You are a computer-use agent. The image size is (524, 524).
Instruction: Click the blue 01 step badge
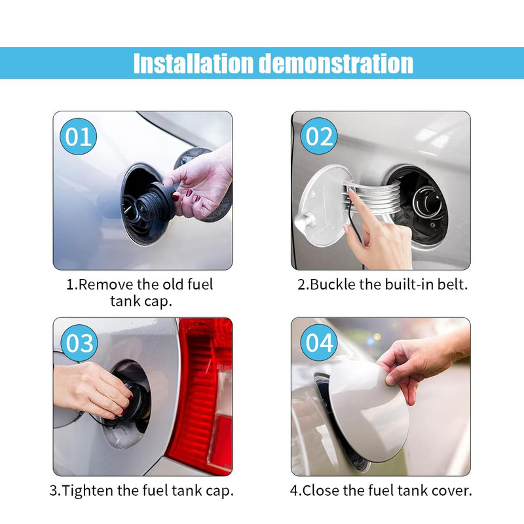pyautogui.click(x=78, y=136)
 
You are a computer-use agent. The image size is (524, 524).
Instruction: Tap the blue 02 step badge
pyautogui.click(x=319, y=136)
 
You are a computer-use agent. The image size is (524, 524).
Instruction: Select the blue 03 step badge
pyautogui.click(x=79, y=343)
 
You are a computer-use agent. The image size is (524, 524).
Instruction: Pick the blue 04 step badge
pyautogui.click(x=319, y=343)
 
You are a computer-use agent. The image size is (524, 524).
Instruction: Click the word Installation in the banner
pyautogui.click(x=193, y=63)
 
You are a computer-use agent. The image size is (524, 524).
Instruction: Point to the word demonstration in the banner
pyautogui.click(x=337, y=63)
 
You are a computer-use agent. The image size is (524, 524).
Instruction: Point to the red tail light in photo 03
pyautogui.click(x=204, y=394)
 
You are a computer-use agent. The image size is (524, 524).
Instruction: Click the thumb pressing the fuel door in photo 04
pyautogui.click(x=393, y=378)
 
